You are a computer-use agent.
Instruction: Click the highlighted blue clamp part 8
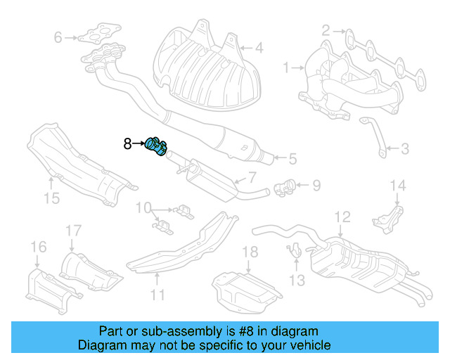(x=156, y=147)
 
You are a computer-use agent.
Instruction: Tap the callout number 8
(x=127, y=144)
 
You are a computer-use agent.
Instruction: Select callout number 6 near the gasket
(x=58, y=37)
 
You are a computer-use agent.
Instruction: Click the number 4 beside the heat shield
(x=258, y=49)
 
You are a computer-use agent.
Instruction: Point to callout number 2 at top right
(x=325, y=30)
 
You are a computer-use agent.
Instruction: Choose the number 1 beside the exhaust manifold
(x=286, y=67)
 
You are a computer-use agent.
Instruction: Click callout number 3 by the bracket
(x=404, y=148)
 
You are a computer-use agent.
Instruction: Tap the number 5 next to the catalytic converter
(x=292, y=160)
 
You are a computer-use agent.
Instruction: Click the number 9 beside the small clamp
(x=316, y=186)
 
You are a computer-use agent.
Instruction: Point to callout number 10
(x=143, y=208)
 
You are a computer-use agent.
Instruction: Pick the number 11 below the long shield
(x=158, y=294)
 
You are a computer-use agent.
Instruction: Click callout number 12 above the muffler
(x=342, y=216)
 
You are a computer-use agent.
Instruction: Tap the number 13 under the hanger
(x=297, y=281)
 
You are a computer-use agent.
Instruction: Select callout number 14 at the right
(x=399, y=186)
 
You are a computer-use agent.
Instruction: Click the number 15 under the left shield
(x=52, y=198)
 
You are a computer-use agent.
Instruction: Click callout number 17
(x=73, y=231)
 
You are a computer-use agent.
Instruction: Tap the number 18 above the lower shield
(x=250, y=252)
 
